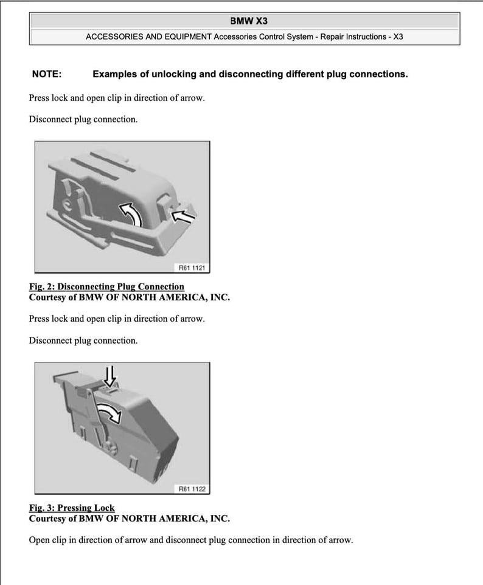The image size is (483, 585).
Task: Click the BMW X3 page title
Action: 245,21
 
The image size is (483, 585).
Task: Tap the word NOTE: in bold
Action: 47,74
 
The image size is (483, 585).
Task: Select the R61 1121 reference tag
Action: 192,267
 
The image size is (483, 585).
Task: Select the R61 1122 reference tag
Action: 192,488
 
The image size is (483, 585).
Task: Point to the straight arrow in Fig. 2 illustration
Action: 185,215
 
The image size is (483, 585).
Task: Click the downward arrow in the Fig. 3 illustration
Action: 110,375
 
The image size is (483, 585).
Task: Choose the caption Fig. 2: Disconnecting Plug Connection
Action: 106,286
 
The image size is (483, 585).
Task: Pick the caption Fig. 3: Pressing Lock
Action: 72,508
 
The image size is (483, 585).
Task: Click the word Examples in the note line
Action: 115,74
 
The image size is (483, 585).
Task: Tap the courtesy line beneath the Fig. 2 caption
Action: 130,297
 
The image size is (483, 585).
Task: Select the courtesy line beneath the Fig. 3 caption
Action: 130,519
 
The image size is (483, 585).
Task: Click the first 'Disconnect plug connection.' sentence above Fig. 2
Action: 83,119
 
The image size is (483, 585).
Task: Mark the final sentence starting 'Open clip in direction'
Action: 190,540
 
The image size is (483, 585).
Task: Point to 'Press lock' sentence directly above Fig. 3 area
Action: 117,319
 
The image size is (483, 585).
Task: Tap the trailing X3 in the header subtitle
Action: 398,36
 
